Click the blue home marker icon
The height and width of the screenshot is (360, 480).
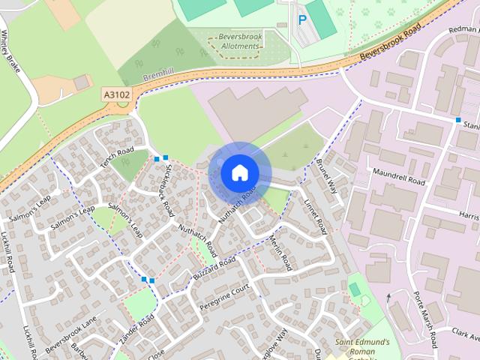tap(239, 173)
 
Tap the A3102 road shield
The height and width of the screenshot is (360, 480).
tap(116, 95)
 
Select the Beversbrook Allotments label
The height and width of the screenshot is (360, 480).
tap(238, 41)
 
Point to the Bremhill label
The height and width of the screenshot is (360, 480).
tap(157, 79)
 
